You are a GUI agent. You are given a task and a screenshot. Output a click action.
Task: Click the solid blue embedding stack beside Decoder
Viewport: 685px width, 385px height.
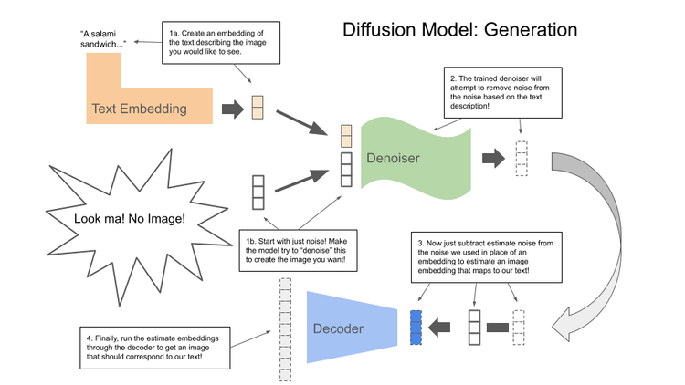tap(416, 328)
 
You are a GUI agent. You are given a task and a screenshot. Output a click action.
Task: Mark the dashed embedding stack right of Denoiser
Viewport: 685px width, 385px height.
tap(522, 158)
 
